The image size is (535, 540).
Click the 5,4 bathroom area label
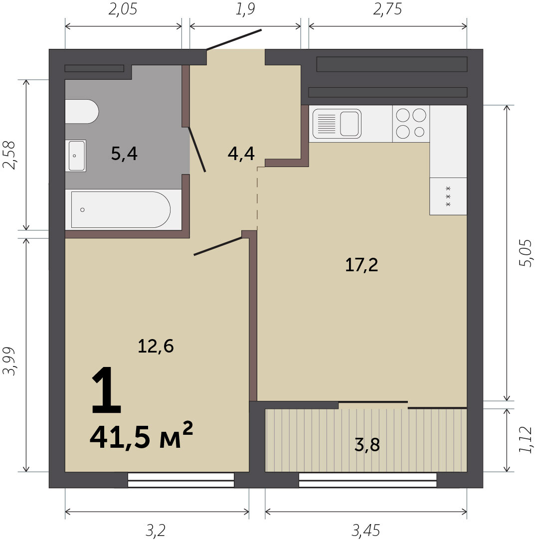click(124, 154)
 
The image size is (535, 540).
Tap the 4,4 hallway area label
click(241, 154)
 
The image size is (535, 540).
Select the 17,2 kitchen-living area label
click(361, 265)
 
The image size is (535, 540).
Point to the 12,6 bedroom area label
click(156, 346)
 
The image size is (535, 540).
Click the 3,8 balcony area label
click(367, 444)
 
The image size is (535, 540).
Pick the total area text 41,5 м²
click(141, 435)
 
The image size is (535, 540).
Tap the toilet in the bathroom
click(82, 112)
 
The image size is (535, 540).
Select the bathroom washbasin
click(76, 156)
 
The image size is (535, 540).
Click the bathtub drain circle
click(82, 210)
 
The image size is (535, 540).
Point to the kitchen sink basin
click(350, 124)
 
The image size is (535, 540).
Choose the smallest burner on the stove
click(419, 132)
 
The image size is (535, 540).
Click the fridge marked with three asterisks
click(448, 196)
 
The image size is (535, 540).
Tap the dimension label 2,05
click(123, 9)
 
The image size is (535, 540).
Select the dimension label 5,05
click(526, 253)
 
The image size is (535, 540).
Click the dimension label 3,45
click(366, 531)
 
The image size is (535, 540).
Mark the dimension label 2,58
click(9, 155)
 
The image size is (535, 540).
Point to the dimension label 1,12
click(526, 440)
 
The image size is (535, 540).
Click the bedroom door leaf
click(218, 246)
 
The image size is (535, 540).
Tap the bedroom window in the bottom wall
click(181, 480)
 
